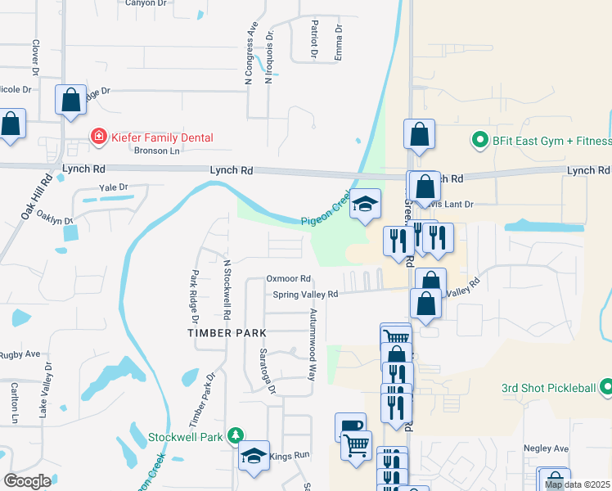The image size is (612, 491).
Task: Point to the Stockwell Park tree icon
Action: point(236,436)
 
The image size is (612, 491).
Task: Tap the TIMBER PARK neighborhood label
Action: point(227,333)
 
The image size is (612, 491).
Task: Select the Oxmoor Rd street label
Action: point(288,278)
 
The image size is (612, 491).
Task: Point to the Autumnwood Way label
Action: point(312,345)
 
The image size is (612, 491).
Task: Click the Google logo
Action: point(28,481)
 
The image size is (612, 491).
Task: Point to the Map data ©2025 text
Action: point(578,484)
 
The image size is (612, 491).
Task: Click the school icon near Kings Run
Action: point(254,457)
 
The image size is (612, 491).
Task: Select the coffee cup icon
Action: point(350,426)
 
